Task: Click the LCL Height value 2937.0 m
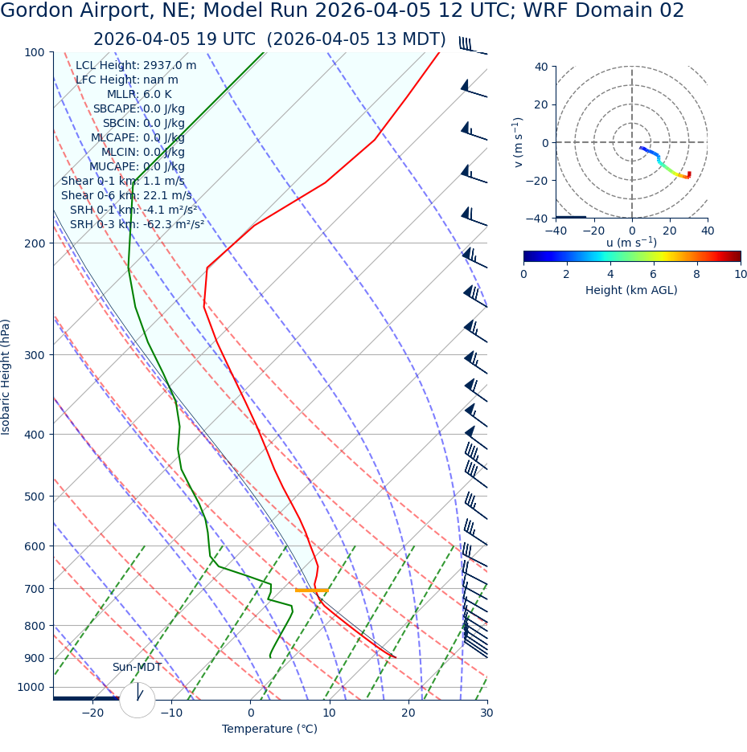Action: coord(169,65)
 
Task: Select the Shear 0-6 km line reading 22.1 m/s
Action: coord(126,195)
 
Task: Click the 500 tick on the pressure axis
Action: coord(35,497)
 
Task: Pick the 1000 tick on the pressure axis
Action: coord(31,687)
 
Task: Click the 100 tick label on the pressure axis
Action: coord(35,52)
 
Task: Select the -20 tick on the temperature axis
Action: coord(92,713)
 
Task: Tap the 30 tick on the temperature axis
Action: coord(486,713)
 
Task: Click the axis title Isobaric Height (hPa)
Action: coord(6,377)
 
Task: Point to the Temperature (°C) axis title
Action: coord(269,729)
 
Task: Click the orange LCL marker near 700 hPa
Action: coord(311,591)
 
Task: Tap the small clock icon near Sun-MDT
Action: coord(137,700)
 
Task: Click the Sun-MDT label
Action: coord(137,667)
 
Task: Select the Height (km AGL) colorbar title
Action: coord(631,290)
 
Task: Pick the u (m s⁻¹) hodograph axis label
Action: coord(631,243)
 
